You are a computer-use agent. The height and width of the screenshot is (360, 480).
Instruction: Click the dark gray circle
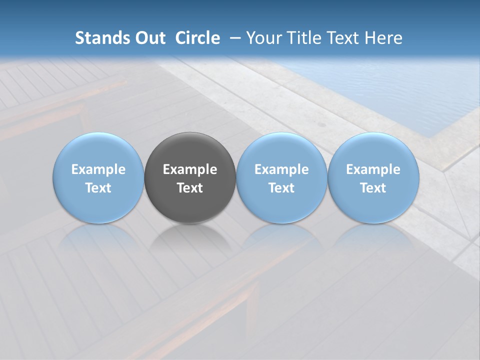tap(190, 150)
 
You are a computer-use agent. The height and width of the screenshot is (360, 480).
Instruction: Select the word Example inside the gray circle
tap(190, 169)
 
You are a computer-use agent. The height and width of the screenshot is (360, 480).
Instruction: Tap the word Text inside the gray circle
tap(190, 188)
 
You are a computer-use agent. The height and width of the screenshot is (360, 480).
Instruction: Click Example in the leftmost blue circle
tap(98, 169)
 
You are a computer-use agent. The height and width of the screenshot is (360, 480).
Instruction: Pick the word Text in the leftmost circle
tap(98, 188)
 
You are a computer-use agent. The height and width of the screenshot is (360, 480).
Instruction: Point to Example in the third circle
tap(281, 169)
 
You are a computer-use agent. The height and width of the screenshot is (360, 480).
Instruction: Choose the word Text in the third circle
tap(281, 188)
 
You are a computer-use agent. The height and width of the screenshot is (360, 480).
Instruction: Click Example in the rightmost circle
tap(373, 169)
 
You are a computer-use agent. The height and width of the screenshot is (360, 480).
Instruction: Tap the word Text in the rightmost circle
tap(373, 188)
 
